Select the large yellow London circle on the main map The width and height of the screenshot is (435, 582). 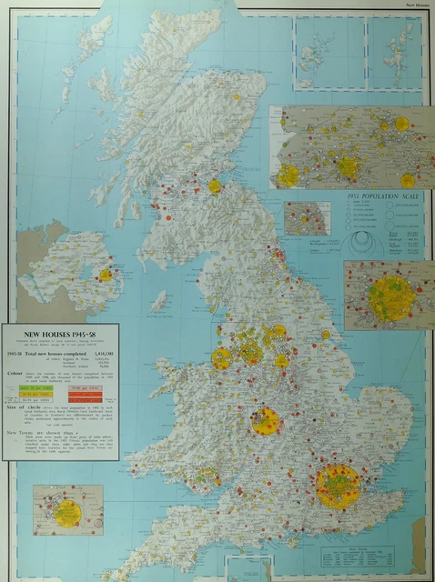[x=339, y=487]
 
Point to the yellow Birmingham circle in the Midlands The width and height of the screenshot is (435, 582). [x=266, y=420]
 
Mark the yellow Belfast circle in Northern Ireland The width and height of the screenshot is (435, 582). [x=106, y=275]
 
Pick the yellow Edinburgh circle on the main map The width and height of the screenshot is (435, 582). [x=215, y=186]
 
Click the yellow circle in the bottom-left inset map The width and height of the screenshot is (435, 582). [x=66, y=511]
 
